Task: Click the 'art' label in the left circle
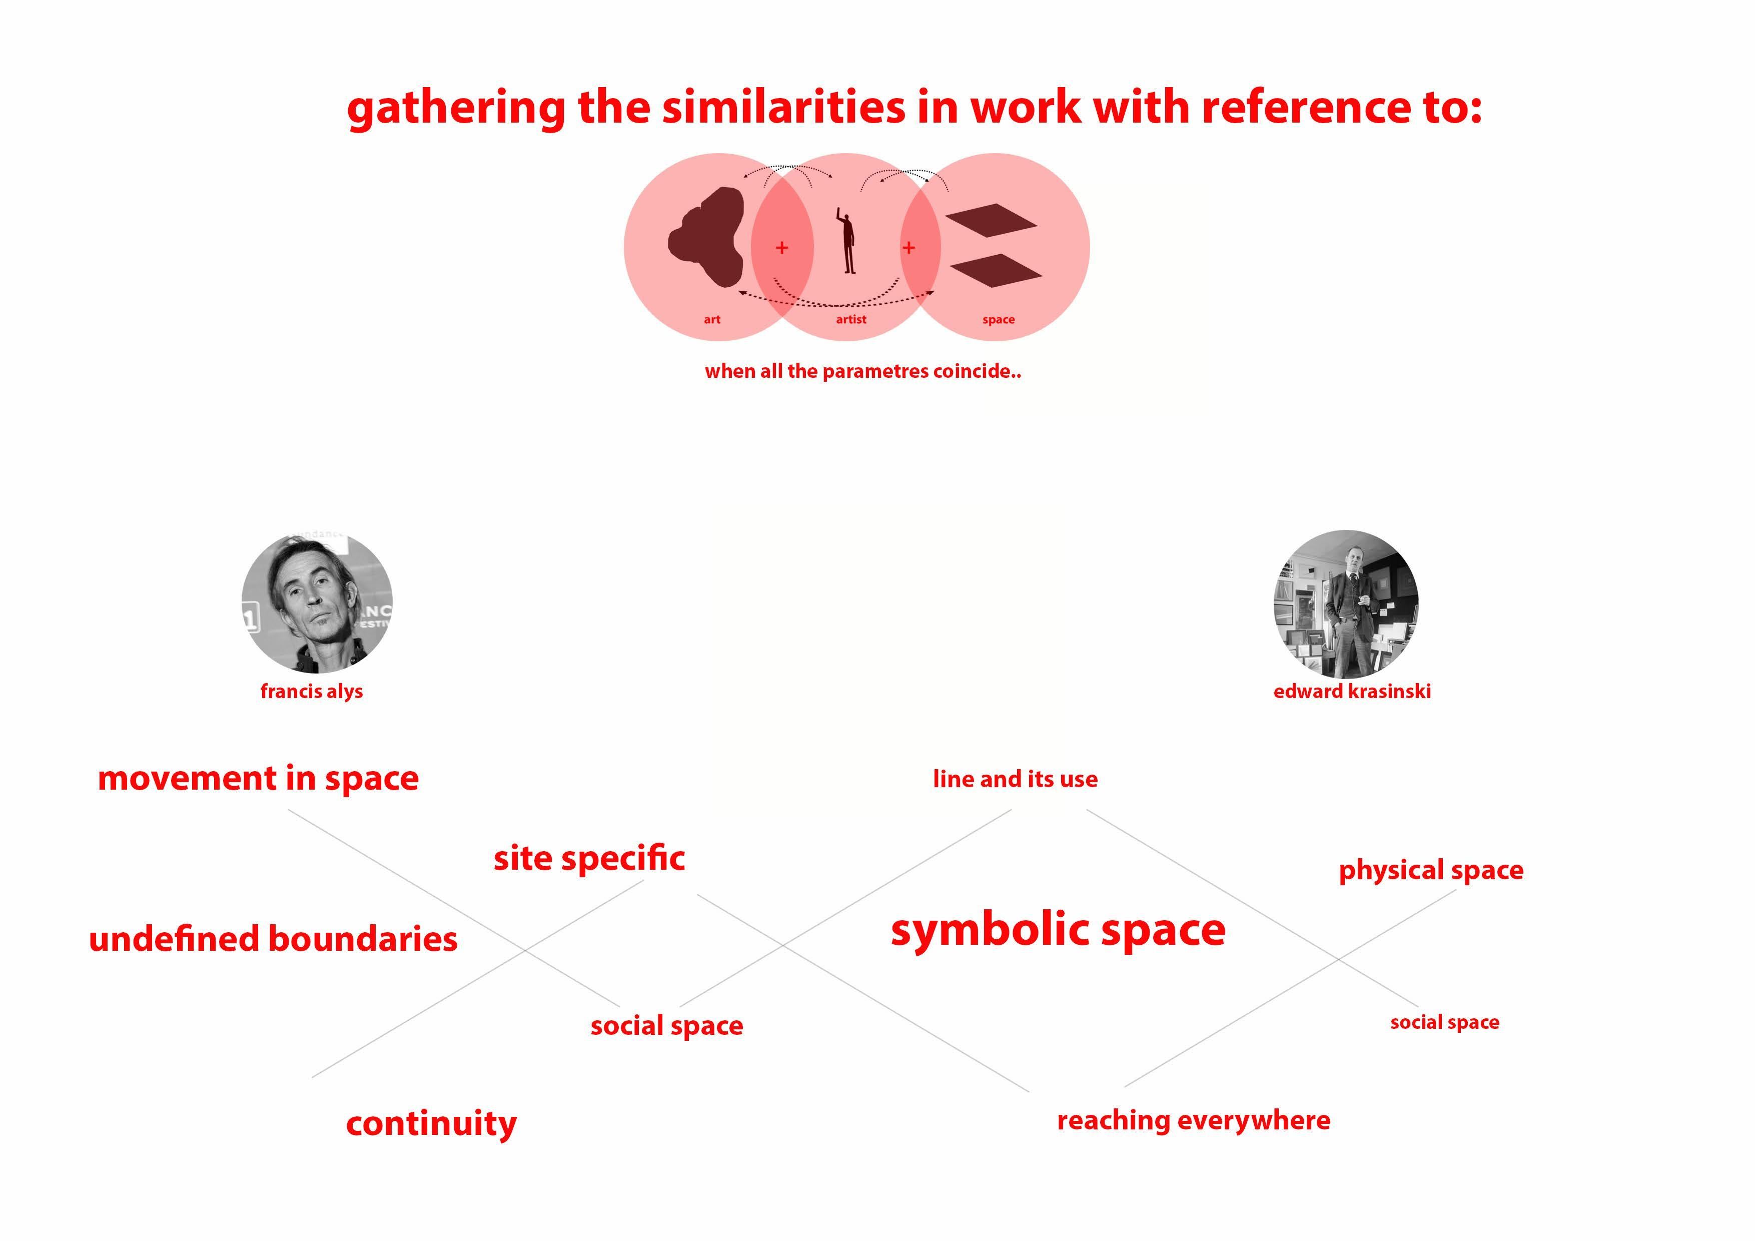(x=711, y=320)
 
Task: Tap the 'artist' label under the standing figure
(x=851, y=320)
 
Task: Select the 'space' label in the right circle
(x=998, y=320)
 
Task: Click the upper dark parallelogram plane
(x=991, y=220)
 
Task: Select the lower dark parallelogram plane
(x=995, y=271)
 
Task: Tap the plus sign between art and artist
(x=781, y=248)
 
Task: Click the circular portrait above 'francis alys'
(x=317, y=602)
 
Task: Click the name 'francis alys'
(x=311, y=691)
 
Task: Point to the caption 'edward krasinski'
(x=1351, y=691)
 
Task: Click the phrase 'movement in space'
(x=258, y=779)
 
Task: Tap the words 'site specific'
(x=588, y=858)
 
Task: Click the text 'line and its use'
(x=1015, y=779)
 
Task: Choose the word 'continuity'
(x=431, y=1123)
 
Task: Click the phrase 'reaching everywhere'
(x=1193, y=1120)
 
